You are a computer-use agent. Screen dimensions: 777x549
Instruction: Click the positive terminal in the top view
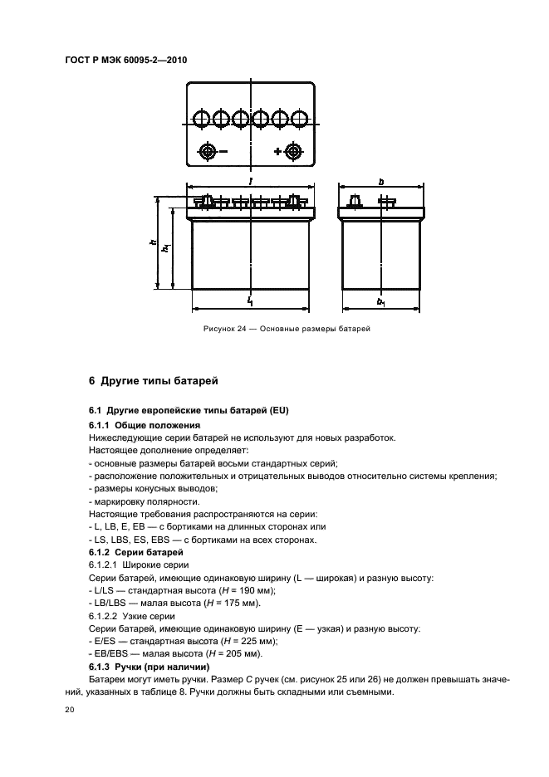tap(292, 152)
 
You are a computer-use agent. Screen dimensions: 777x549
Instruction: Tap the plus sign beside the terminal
tap(277, 152)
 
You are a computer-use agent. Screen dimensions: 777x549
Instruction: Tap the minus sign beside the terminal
tap(222, 152)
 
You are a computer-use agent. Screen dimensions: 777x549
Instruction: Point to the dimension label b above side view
tap(380, 180)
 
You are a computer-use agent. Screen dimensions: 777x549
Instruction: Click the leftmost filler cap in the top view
tap(201, 119)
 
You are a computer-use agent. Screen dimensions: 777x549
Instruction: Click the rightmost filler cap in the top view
tap(300, 119)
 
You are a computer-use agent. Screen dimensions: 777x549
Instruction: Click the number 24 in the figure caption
tap(241, 330)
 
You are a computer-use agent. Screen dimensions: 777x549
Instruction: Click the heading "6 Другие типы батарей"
tap(153, 382)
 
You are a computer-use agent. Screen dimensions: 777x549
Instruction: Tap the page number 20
tap(69, 711)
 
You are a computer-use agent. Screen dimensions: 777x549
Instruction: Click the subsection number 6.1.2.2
tap(102, 615)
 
